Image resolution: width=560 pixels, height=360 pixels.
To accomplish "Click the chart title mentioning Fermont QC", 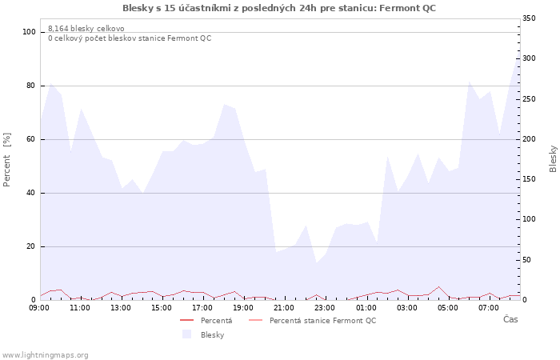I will (x=279, y=8).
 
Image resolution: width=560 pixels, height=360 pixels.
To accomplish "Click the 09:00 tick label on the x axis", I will (x=39, y=307).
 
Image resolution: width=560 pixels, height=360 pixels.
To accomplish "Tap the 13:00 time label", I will (x=121, y=307).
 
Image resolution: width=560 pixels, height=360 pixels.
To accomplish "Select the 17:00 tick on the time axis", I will (x=202, y=307).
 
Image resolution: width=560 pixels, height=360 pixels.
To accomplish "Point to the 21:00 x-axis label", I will (x=284, y=307).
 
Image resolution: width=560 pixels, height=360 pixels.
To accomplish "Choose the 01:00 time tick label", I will (x=366, y=307).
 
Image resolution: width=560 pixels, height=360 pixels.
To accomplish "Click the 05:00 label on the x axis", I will (x=447, y=307).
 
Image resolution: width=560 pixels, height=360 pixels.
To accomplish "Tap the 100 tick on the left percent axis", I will (x=29, y=32).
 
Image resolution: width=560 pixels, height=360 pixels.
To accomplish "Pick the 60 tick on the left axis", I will (x=31, y=139).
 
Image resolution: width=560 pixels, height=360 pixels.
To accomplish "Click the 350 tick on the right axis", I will (x=530, y=18).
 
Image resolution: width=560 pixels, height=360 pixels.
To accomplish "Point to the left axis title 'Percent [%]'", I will (x=7, y=160).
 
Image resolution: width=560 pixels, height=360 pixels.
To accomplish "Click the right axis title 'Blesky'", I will (x=553, y=158).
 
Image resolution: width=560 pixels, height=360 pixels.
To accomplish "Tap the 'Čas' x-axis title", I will (x=510, y=320).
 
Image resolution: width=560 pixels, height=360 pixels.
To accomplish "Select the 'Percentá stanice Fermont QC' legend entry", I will (x=322, y=321).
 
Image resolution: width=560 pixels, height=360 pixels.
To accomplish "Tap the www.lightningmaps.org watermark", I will (x=45, y=354).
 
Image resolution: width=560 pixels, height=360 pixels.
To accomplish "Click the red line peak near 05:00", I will (x=438, y=286).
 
